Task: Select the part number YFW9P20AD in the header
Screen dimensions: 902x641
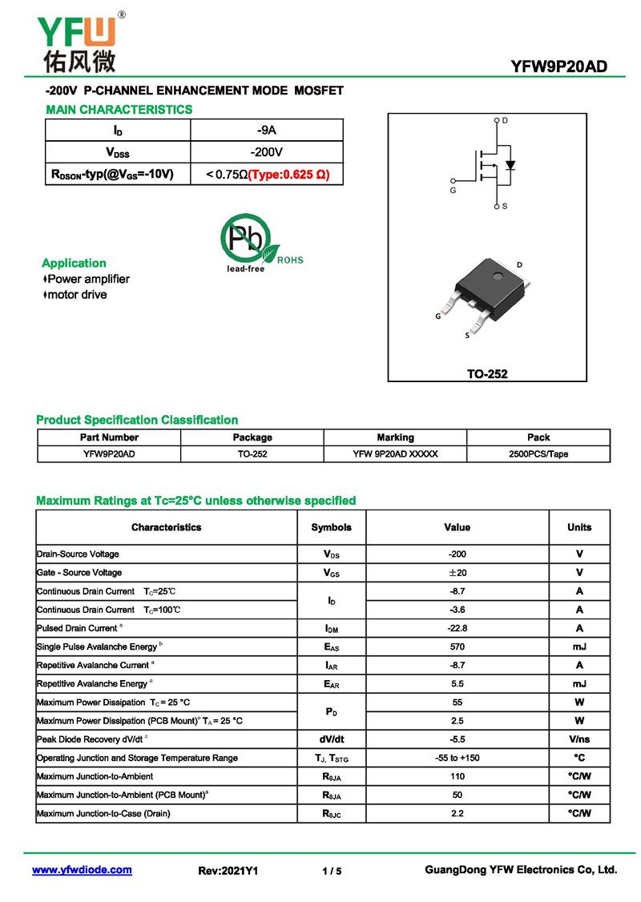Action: [x=559, y=66]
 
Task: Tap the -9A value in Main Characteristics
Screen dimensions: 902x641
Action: [x=267, y=130]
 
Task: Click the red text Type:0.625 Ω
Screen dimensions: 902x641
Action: [x=288, y=174]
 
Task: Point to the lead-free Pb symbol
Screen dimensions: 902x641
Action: [x=246, y=238]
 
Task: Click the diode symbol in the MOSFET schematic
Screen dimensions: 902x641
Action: [x=510, y=166]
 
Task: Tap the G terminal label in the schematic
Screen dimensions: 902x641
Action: [x=453, y=191]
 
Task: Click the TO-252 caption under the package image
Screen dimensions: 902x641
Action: [x=487, y=373]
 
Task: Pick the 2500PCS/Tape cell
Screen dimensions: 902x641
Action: [x=538, y=453]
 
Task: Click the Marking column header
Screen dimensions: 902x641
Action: [x=395, y=437]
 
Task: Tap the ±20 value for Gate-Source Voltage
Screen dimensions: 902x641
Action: [x=458, y=573]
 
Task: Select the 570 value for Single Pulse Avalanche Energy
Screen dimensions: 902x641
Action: [x=458, y=646]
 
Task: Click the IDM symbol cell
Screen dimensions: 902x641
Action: [x=331, y=628]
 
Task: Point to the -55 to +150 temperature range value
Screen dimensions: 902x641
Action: [x=458, y=758]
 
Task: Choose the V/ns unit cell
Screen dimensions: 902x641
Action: [x=579, y=739]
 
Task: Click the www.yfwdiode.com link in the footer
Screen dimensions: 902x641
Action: [x=82, y=870]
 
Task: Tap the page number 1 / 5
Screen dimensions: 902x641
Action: [x=332, y=871]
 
